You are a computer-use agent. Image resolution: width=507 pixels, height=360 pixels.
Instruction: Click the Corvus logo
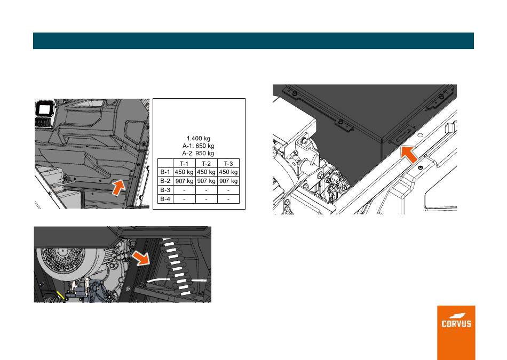tap(456, 321)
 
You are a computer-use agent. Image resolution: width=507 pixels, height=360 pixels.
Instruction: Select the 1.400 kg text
tap(199, 138)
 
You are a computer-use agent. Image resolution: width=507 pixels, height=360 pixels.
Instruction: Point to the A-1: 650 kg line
tap(198, 146)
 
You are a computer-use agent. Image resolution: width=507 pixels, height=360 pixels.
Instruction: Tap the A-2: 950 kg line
tap(198, 153)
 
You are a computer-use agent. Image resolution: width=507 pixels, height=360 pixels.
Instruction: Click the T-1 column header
tap(184, 164)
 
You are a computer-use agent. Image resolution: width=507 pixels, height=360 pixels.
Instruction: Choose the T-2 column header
tap(207, 164)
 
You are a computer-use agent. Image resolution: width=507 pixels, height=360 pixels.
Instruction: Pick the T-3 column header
tap(228, 164)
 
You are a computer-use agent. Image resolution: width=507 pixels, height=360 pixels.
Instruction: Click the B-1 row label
tap(165, 172)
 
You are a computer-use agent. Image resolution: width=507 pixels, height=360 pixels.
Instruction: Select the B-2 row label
tap(165, 181)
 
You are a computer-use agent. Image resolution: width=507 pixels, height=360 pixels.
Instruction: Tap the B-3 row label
tap(165, 190)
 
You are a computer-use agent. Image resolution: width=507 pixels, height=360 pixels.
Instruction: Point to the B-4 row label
tap(165, 199)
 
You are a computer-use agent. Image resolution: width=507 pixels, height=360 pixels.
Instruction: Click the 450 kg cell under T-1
tap(184, 172)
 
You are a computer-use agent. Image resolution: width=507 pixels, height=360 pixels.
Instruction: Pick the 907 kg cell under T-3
tap(228, 181)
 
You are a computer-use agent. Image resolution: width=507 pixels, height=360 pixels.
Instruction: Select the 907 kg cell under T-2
tap(207, 181)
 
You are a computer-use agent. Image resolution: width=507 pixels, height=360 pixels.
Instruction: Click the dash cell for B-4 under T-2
tap(207, 199)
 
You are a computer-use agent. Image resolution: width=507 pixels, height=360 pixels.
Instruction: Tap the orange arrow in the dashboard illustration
tap(118, 188)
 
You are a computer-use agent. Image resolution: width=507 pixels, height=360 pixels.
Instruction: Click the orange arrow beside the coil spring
tap(141, 258)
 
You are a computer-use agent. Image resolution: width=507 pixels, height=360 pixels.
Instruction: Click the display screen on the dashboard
tap(43, 109)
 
